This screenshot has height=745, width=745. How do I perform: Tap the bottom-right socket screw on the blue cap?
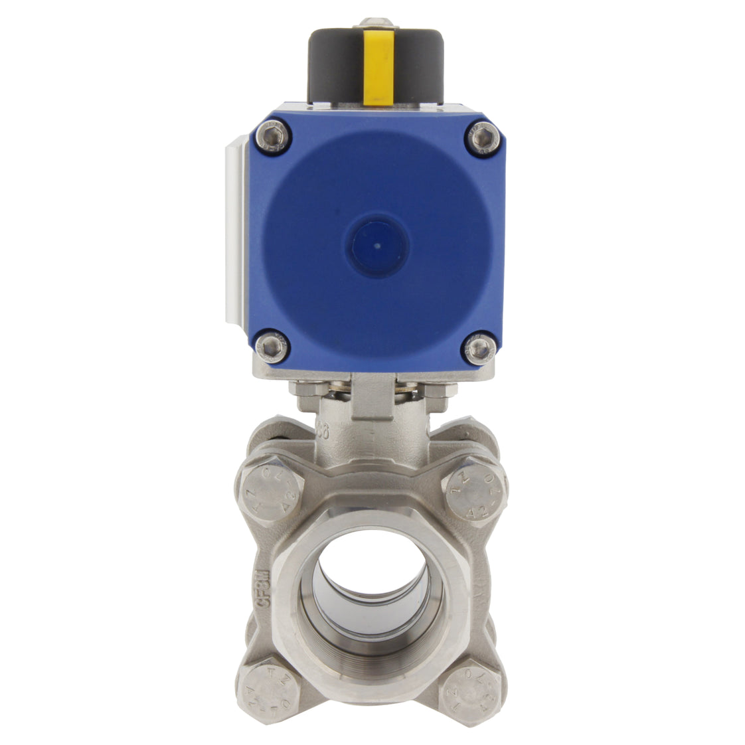tap(479, 346)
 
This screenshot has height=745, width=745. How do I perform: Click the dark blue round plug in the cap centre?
tap(377, 245)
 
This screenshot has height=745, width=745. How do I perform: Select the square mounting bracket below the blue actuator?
tap(375, 398)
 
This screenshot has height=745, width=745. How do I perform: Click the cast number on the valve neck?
tap(325, 430)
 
